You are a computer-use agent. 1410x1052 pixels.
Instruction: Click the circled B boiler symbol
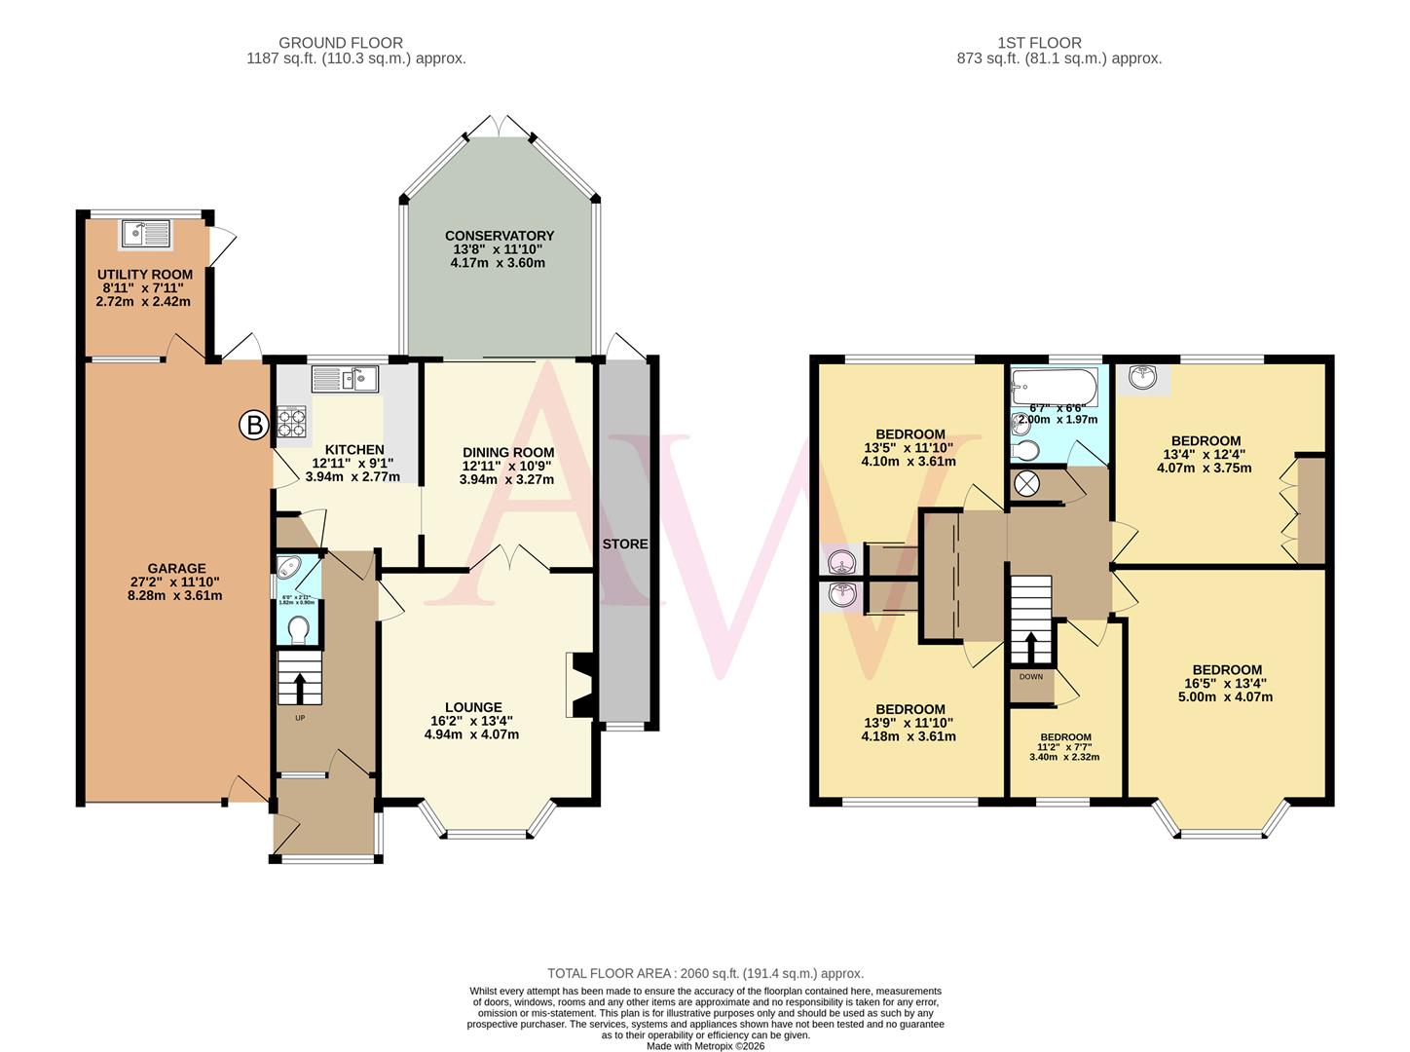[254, 425]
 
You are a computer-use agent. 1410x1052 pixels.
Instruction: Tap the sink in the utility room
[145, 233]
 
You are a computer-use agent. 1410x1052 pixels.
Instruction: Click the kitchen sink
[345, 378]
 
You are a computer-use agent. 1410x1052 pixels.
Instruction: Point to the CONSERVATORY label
[499, 236]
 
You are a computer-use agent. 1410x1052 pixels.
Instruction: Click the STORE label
[624, 544]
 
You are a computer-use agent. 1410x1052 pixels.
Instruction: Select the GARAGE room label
[176, 568]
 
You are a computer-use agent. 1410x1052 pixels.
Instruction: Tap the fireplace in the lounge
[579, 685]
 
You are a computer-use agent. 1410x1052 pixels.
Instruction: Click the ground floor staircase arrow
[299, 685]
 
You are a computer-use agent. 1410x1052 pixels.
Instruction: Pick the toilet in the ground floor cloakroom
[299, 629]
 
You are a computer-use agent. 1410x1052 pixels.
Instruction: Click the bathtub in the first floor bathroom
[1054, 388]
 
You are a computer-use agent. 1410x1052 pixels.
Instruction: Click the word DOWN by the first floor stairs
[1031, 676]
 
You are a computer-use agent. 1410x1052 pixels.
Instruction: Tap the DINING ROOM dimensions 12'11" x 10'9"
[507, 466]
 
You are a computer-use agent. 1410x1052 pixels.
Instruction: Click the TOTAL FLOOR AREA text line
[705, 973]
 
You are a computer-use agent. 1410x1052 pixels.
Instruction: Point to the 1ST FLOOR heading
[1039, 43]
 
